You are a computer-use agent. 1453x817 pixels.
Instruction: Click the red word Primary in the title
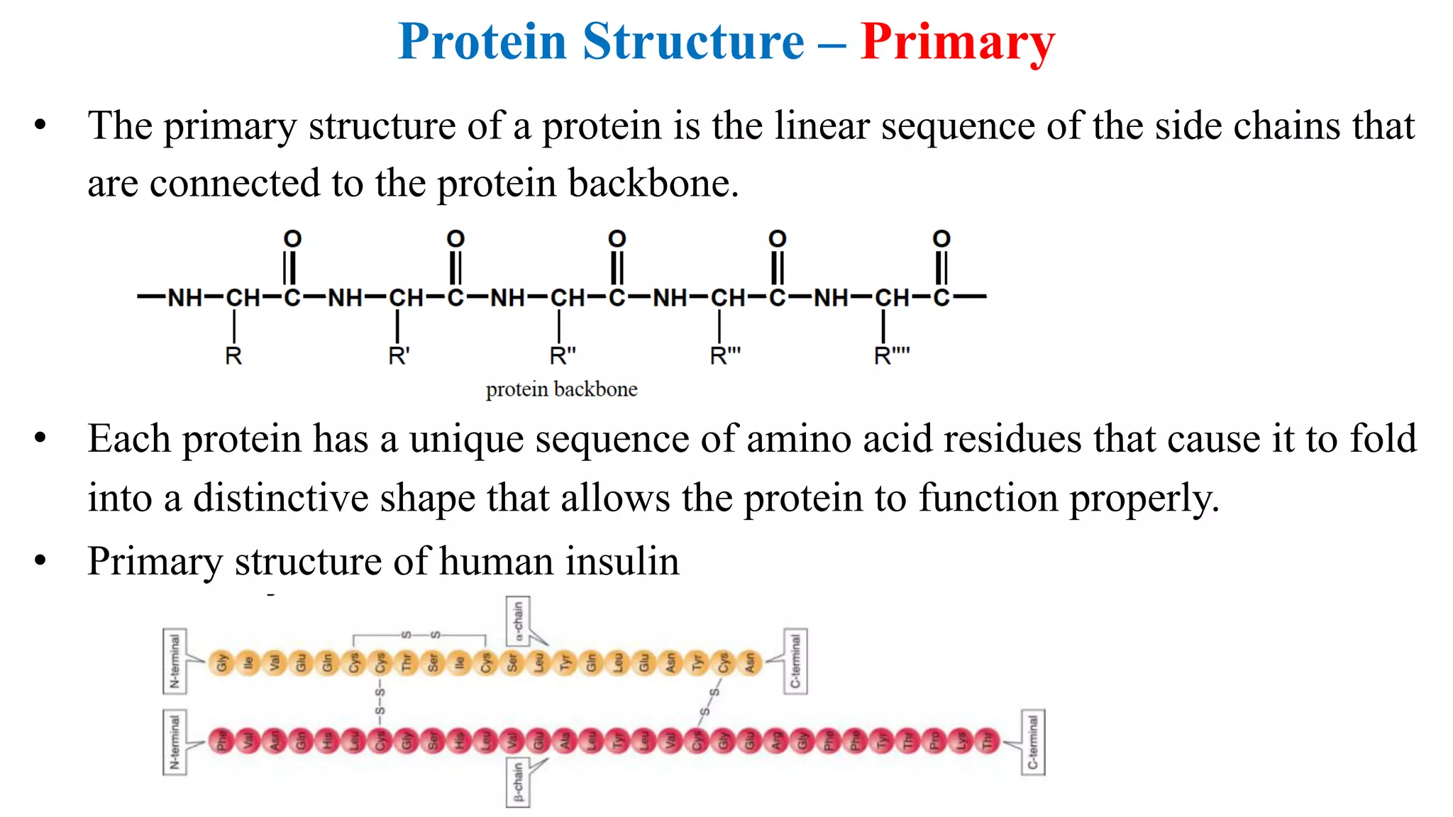(x=957, y=43)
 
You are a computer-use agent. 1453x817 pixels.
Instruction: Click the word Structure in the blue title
(x=693, y=43)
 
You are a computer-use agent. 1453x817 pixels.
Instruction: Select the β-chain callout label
(x=518, y=782)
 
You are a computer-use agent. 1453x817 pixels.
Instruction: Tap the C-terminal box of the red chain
(x=1033, y=742)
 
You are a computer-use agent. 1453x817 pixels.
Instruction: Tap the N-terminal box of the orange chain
(x=175, y=661)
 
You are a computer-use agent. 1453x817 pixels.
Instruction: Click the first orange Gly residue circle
(x=222, y=663)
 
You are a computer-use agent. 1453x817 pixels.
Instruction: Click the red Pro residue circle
(x=936, y=742)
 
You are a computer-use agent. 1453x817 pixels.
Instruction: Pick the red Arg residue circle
(x=777, y=742)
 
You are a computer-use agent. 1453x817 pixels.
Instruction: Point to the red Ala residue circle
(x=565, y=742)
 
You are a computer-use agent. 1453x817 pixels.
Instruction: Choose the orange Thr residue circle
(x=407, y=663)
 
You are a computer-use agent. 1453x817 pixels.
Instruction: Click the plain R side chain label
(x=233, y=355)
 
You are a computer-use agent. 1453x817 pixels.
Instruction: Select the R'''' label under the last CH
(x=891, y=355)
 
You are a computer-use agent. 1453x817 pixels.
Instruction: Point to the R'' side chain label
(x=563, y=355)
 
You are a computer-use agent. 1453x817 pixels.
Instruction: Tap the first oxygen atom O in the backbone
(x=292, y=239)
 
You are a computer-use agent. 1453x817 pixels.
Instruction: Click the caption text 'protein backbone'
(x=561, y=389)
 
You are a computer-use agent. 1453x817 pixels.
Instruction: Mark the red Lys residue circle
(x=962, y=742)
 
